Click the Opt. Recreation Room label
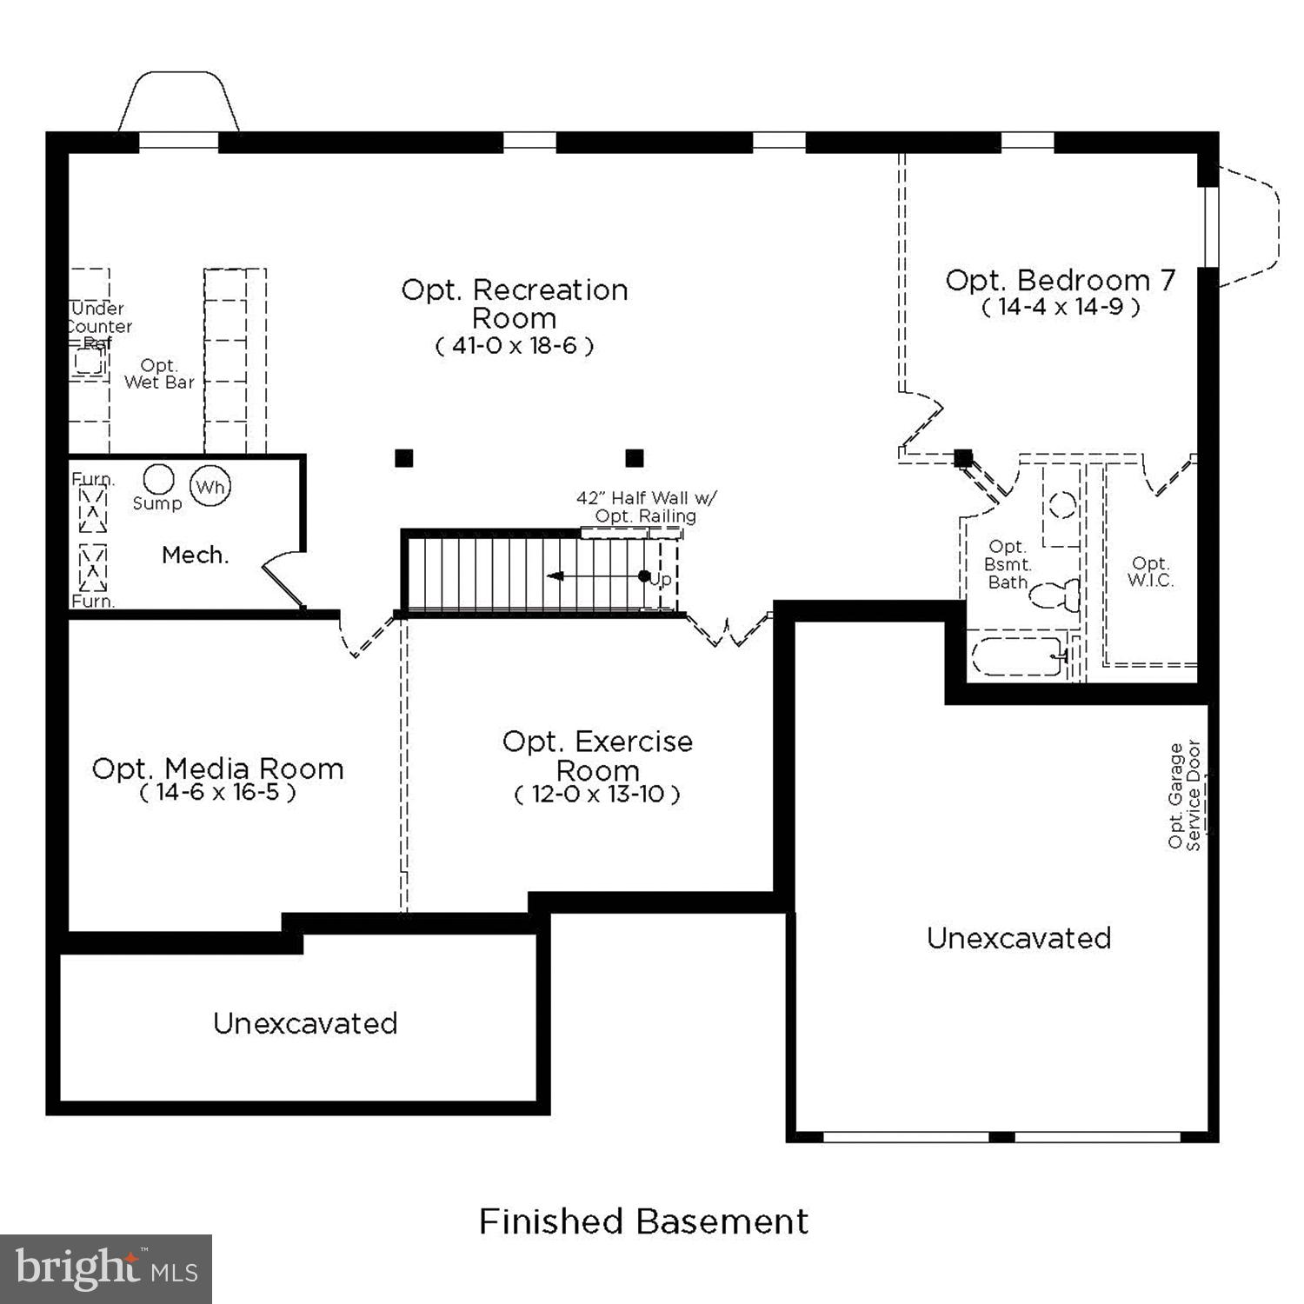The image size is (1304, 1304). pyautogui.click(x=514, y=303)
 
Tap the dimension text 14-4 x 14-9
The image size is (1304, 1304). pyautogui.click(x=1061, y=307)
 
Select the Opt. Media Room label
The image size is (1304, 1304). pyautogui.click(x=217, y=768)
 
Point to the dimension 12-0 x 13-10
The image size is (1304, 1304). pyautogui.click(x=597, y=794)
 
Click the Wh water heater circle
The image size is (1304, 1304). pyautogui.click(x=210, y=487)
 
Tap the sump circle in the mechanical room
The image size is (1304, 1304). pyautogui.click(x=158, y=479)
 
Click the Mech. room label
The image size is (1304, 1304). pyautogui.click(x=196, y=555)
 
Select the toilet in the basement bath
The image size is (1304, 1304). pyautogui.click(x=1055, y=595)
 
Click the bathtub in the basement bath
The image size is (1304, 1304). pyautogui.click(x=1017, y=657)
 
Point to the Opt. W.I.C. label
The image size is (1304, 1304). pyautogui.click(x=1150, y=572)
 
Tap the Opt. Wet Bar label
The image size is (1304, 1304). pyautogui.click(x=159, y=374)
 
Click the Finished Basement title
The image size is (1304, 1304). pyautogui.click(x=643, y=1221)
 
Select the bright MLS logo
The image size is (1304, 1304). pyautogui.click(x=106, y=1269)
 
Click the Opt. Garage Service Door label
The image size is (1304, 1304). pyautogui.click(x=1184, y=795)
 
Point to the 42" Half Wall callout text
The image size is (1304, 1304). pyautogui.click(x=646, y=507)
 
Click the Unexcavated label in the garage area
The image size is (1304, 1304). pyautogui.click(x=1018, y=938)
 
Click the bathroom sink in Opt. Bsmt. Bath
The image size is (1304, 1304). pyautogui.click(x=1061, y=505)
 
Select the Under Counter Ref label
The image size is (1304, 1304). pyautogui.click(x=99, y=326)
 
